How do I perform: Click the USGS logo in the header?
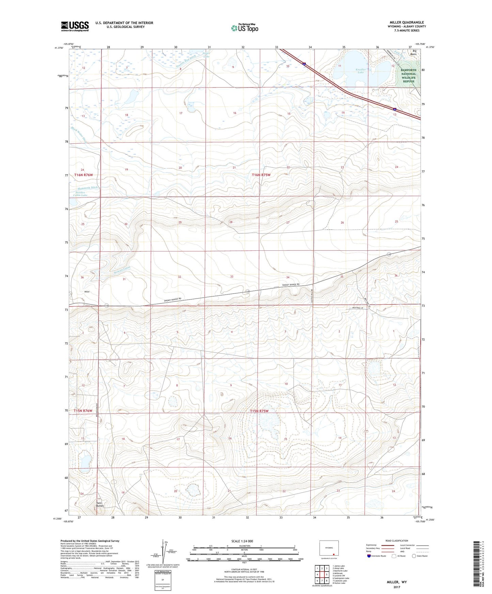tap(75, 26)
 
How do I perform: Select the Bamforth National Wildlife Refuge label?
tap(408, 76)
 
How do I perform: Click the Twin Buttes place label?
tap(99, 504)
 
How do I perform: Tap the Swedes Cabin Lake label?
tap(81, 194)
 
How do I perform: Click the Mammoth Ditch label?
tap(88, 188)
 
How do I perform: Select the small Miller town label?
tap(87, 292)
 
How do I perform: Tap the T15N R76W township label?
tap(83, 411)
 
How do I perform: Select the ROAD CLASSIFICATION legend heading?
tap(397, 541)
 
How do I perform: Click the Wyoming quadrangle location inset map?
tap(329, 548)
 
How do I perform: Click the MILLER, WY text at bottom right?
tap(396, 582)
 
